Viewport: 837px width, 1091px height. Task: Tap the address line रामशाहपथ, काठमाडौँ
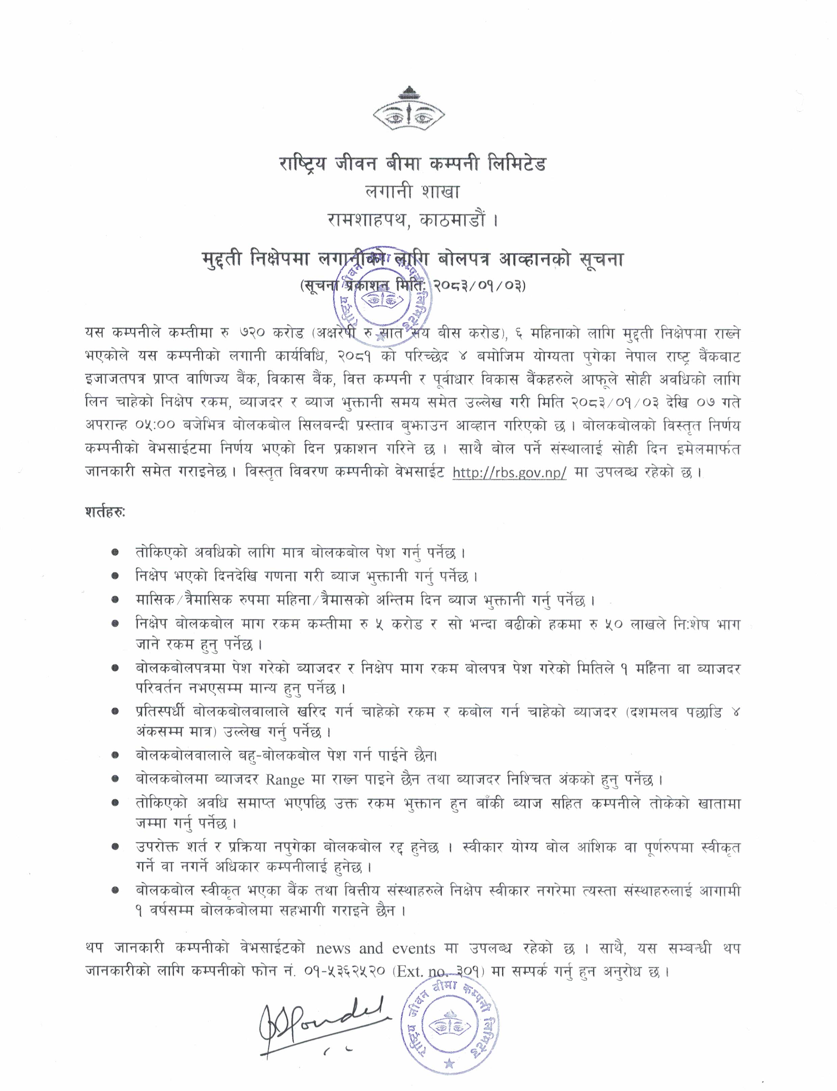point(413,220)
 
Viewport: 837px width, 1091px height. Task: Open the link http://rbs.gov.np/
point(509,473)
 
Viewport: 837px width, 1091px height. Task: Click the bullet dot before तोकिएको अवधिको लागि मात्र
point(115,553)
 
